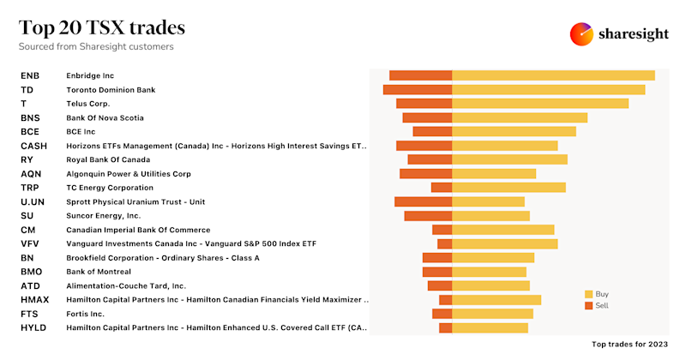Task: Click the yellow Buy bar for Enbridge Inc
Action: coord(553,75)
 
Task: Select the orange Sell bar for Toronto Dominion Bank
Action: coord(418,89)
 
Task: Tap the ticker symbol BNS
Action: coord(30,117)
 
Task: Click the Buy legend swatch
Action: coord(588,294)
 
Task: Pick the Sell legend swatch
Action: coord(588,305)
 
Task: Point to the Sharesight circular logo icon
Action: coord(582,34)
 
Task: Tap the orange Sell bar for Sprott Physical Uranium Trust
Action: coord(423,201)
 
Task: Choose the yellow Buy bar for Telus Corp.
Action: coord(540,104)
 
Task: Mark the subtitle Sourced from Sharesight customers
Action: coord(96,46)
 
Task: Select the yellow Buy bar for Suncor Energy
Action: coord(490,216)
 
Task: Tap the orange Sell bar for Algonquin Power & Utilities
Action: coord(425,173)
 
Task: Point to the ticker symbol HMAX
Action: coord(33,300)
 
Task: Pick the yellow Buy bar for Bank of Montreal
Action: coord(489,272)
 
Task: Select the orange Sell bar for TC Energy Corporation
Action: coord(442,188)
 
